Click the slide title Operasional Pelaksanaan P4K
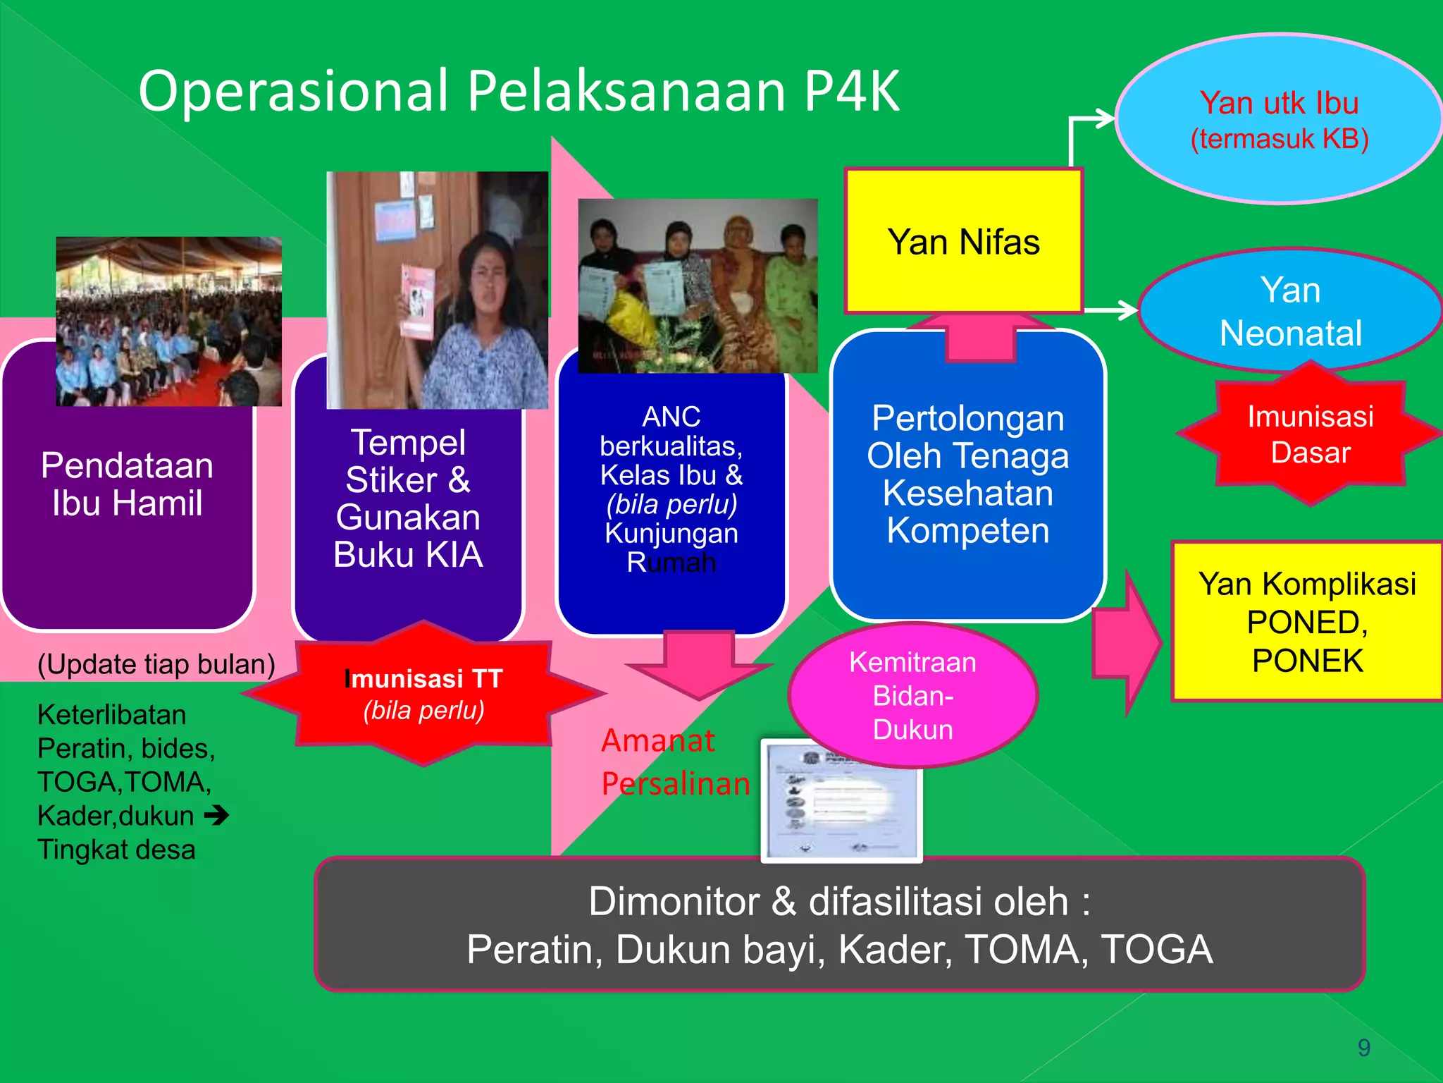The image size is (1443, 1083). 519,92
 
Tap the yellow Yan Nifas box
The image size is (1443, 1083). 963,242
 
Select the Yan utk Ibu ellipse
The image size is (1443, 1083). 1279,120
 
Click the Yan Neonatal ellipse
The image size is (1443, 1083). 1289,311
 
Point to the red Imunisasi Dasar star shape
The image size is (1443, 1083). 1310,434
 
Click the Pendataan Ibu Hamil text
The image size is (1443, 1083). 127,484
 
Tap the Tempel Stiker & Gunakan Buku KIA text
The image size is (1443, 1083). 408,498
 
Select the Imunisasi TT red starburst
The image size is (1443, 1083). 423,694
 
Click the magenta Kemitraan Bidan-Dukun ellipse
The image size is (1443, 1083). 912,695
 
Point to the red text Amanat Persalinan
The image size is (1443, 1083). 675,762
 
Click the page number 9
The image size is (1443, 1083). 1363,1048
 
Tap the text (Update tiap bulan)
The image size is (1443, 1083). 156,664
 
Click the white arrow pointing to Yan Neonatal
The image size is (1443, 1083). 1113,310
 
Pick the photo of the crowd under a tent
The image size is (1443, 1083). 168,322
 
